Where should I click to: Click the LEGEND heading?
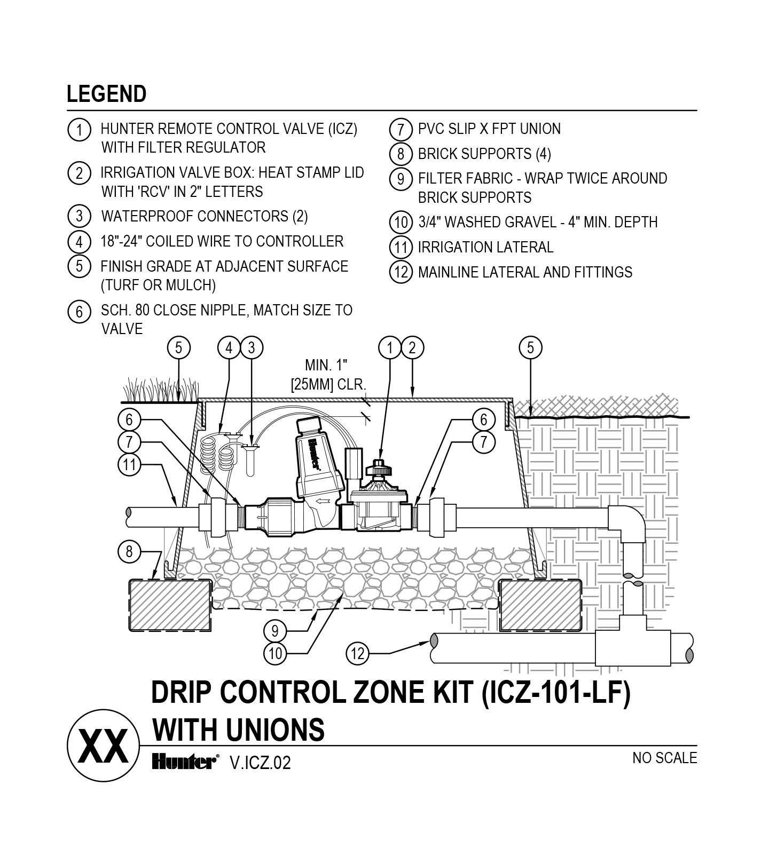point(106,94)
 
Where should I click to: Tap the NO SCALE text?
point(664,758)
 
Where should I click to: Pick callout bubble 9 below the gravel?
point(274,631)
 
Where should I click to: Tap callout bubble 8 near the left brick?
point(129,551)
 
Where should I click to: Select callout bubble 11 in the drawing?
point(129,464)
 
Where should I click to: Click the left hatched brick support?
point(170,605)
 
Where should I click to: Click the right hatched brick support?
point(540,605)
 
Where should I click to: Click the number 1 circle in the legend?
point(79,130)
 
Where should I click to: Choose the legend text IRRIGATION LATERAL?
point(485,248)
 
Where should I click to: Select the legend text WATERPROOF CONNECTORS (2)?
point(205,216)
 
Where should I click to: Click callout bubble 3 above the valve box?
point(252,348)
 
